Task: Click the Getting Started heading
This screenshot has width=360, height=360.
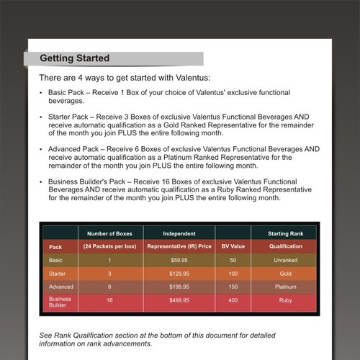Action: pyautogui.click(x=74, y=58)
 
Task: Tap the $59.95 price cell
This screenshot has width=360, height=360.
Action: pyautogui.click(x=179, y=260)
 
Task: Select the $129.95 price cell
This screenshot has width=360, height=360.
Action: pyautogui.click(x=179, y=274)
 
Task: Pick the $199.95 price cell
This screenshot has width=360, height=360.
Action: pyautogui.click(x=179, y=287)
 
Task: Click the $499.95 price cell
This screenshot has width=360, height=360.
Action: pyautogui.click(x=179, y=300)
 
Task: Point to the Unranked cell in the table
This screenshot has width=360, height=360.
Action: pyautogui.click(x=285, y=260)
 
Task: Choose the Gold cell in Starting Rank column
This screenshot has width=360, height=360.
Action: pyautogui.click(x=285, y=274)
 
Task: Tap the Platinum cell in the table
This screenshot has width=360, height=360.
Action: pyautogui.click(x=285, y=287)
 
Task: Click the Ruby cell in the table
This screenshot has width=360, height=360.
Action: pyautogui.click(x=285, y=300)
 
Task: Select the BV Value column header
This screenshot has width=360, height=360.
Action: pyautogui.click(x=233, y=246)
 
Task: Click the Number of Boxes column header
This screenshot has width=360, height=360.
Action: pyautogui.click(x=110, y=233)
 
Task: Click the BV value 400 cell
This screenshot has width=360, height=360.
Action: pyautogui.click(x=233, y=300)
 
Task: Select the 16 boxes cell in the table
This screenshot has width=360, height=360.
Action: pyautogui.click(x=110, y=300)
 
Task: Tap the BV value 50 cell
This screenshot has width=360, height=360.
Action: pyautogui.click(x=233, y=260)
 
